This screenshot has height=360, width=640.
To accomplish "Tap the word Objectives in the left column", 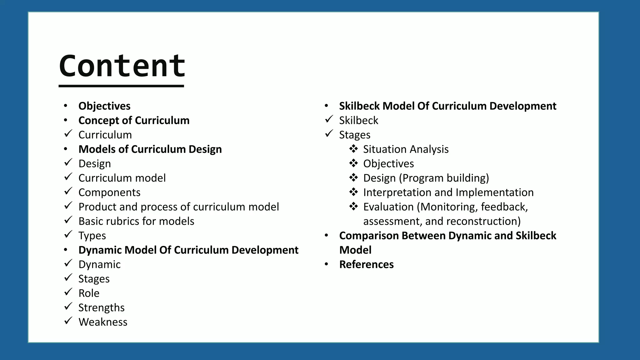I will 104,106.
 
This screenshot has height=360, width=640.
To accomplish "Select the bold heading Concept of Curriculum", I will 134,120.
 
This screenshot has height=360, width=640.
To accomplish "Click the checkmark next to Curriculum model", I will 68,177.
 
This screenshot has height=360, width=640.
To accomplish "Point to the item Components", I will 109,192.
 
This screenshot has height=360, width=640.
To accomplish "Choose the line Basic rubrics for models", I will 136,221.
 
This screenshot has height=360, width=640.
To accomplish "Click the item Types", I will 92,236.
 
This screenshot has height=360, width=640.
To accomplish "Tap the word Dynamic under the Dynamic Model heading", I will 99,264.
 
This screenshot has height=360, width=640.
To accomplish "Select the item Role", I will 89,293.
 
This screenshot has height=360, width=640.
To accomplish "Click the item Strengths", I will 101,307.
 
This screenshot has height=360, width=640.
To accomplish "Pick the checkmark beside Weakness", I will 68,321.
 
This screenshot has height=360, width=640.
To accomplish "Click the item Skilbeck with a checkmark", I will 358,120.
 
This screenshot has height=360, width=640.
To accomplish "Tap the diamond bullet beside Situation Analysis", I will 353,149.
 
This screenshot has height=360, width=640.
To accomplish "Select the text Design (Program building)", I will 426,178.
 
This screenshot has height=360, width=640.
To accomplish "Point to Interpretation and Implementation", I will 448,192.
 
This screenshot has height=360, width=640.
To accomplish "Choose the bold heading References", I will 366,264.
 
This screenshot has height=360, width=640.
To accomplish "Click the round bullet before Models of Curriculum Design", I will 65,149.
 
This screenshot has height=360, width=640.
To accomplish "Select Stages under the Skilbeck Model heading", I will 355,135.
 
